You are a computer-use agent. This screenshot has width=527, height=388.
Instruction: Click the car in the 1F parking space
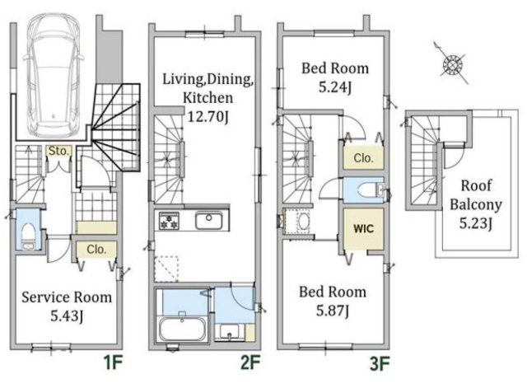coord(53,75)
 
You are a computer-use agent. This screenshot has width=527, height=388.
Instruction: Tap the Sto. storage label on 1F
coord(58,151)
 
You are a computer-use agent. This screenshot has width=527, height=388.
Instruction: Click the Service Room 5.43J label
coord(67,306)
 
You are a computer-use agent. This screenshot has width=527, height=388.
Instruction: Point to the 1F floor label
coord(113,363)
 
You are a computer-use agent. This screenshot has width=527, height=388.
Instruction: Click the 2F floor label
coord(250,362)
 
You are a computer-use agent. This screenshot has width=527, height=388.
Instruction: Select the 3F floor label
coord(380,363)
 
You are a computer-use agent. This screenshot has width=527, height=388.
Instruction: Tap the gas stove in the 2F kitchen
coord(169,221)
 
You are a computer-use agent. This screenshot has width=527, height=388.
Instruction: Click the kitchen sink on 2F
coord(208,221)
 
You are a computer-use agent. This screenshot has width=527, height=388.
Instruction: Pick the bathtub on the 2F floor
coord(183,329)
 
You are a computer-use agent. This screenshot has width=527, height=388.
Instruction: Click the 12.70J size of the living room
coord(208,117)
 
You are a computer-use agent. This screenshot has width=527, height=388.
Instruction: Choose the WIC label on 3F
coord(363,229)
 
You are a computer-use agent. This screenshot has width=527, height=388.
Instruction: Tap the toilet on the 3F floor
coord(370,190)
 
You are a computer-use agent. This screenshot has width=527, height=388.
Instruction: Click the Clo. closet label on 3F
coord(363,157)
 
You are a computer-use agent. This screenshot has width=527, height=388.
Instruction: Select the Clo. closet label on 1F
coord(96,250)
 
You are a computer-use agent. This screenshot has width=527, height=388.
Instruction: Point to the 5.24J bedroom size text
coord(335,87)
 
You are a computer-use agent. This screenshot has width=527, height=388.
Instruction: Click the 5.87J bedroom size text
coord(333,311)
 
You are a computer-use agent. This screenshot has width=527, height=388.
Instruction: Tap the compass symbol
coord(452,64)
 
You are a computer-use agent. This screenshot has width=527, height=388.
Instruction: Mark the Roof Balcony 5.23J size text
coord(476,223)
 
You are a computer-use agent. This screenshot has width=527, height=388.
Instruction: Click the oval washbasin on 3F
coord(305,222)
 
